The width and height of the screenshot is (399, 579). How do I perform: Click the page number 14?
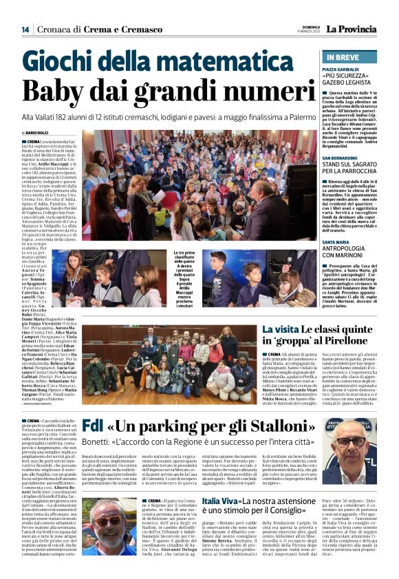coord(25,29)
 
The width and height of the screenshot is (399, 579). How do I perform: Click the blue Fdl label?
coord(93,427)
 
